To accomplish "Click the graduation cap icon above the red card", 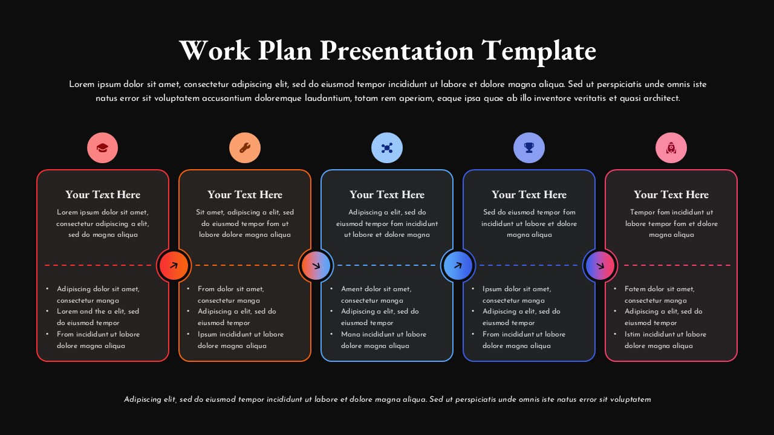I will [x=103, y=148].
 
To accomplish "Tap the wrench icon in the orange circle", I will [x=245, y=148].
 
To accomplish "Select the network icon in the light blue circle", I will [x=387, y=148].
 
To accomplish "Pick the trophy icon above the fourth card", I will [x=529, y=148].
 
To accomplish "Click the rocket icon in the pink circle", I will [x=671, y=148].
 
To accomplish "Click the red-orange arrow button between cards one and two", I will [x=174, y=265].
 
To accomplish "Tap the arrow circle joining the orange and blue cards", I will [x=316, y=265].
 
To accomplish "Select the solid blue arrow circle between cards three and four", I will [x=458, y=265].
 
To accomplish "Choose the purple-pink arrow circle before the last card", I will [x=600, y=265].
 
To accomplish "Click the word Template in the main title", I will [x=539, y=50].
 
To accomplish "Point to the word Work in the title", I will [x=215, y=50].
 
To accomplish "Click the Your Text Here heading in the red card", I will [x=103, y=195].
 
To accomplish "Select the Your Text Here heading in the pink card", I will [x=671, y=195].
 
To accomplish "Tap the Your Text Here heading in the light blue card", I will [x=387, y=195].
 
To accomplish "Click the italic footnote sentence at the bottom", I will [x=387, y=399].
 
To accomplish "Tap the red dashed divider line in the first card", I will [x=97, y=265].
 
